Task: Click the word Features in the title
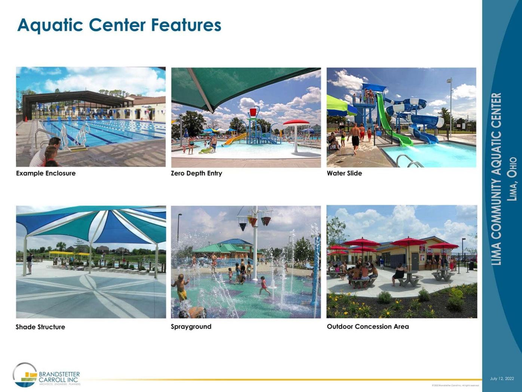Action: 186,25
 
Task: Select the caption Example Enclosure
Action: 46,173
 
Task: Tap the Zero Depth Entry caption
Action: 196,173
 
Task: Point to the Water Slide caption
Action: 344,173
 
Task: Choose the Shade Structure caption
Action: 40,327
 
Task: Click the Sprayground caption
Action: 191,326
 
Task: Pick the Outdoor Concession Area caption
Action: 368,326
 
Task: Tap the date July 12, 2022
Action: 502,379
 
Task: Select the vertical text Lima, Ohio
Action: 512,179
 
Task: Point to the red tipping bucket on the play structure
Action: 253,112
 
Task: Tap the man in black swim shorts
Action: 355,139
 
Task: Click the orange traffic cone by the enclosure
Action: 27,119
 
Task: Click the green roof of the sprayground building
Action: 217,248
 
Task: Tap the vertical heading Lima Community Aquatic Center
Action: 496,179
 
